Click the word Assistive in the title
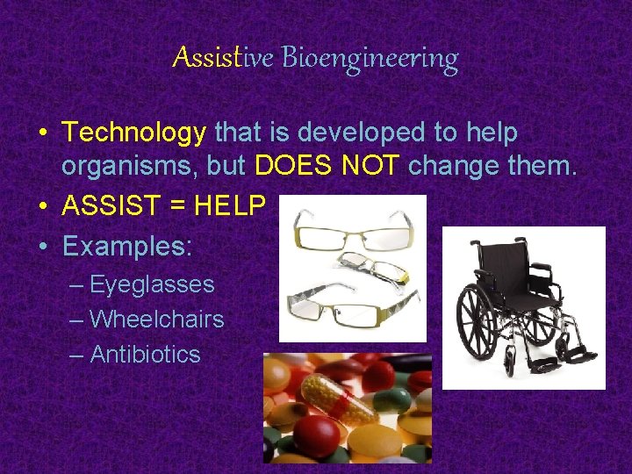pyautogui.click(x=223, y=58)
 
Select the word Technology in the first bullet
pyautogui.click(x=134, y=133)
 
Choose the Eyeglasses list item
pyautogui.click(x=152, y=284)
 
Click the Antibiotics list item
pyautogui.click(x=145, y=355)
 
